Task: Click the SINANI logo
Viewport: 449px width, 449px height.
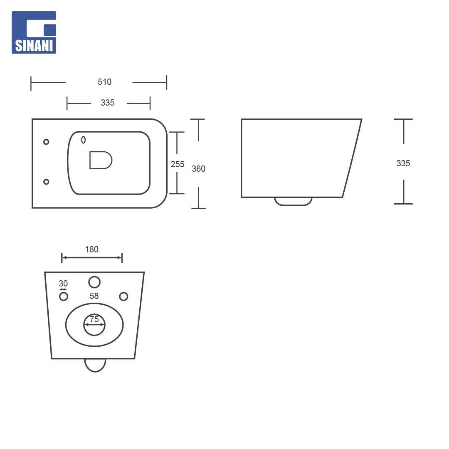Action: (34, 32)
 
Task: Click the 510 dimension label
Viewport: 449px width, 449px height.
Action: (104, 82)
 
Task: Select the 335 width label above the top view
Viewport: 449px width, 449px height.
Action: (108, 103)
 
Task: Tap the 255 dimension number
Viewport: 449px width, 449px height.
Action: (178, 164)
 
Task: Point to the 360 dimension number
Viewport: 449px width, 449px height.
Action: (198, 169)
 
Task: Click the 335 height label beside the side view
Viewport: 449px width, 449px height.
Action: (403, 163)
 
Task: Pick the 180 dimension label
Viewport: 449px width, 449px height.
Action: (91, 249)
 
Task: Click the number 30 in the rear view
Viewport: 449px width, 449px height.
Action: (63, 284)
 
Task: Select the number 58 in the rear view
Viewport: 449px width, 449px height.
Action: (94, 296)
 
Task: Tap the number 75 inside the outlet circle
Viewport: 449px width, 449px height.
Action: (94, 319)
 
